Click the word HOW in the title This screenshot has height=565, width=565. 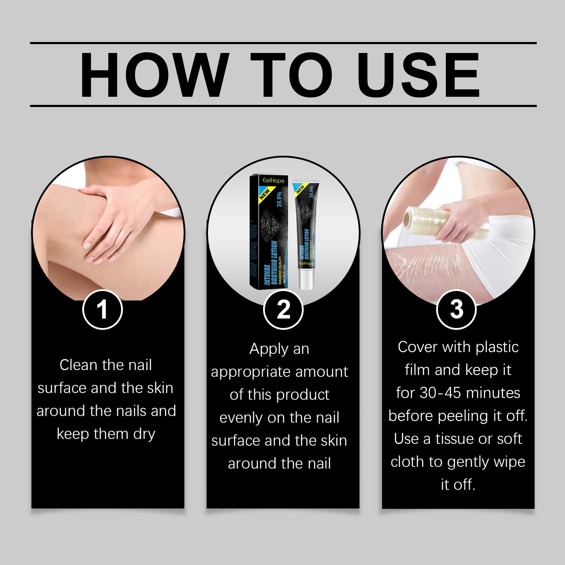point(153,75)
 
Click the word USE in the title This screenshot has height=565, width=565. point(420,75)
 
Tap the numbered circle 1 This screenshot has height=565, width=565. point(102,309)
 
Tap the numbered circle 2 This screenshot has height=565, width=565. point(283,309)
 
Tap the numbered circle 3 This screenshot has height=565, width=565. point(456,309)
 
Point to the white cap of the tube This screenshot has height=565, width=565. point(306,281)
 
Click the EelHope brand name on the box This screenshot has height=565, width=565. point(273,181)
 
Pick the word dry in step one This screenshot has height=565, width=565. point(144,434)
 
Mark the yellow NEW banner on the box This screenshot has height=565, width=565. point(264,194)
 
